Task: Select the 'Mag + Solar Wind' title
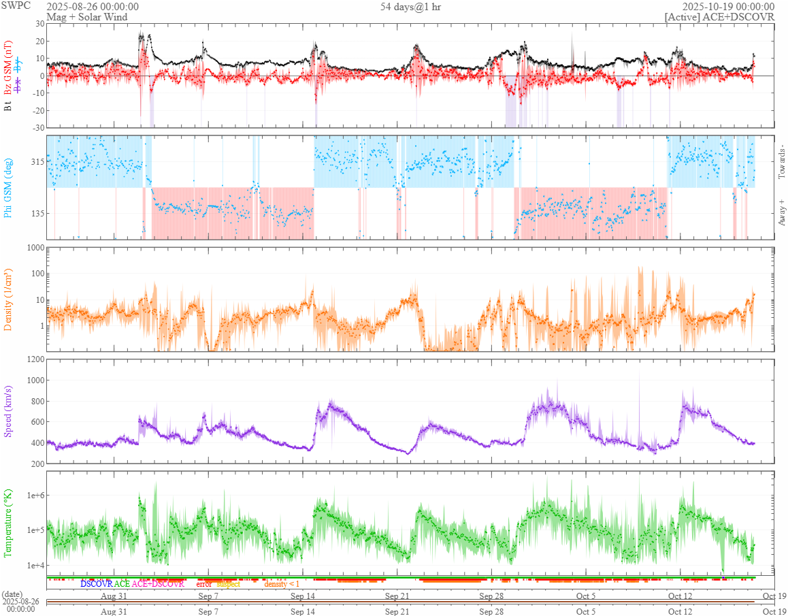(x=86, y=17)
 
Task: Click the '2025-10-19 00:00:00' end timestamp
(x=733, y=7)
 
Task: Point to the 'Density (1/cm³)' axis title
(x=9, y=300)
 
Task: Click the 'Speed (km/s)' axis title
(x=9, y=411)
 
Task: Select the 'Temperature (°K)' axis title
(x=9, y=523)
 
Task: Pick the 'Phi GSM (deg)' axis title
(x=9, y=187)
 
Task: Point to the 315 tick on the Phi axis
(x=36, y=162)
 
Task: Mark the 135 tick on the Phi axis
(x=36, y=213)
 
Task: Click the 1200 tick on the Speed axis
(x=35, y=359)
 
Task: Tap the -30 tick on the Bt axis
(x=37, y=127)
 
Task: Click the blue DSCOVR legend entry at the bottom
(x=96, y=584)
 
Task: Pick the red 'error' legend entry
(x=204, y=584)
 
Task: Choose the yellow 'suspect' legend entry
(x=228, y=584)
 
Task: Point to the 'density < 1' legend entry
(x=281, y=584)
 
